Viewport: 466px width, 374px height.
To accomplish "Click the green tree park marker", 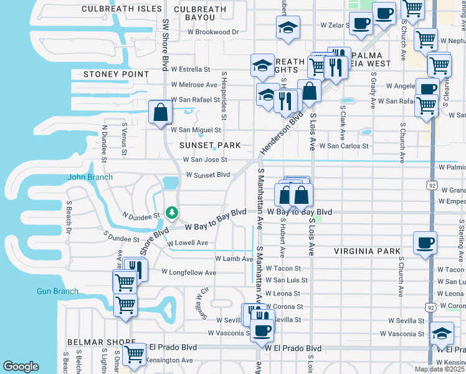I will point(170,213).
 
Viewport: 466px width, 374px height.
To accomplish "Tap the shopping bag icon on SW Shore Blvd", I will point(160,113).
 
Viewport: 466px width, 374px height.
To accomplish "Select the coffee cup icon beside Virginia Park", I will point(426,243).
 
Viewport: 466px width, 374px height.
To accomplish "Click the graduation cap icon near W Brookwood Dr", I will point(288,27).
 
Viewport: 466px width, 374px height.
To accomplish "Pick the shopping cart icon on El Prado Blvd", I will point(134,354).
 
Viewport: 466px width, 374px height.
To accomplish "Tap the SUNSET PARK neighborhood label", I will point(210,145).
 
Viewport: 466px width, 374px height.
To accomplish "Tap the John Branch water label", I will point(90,178).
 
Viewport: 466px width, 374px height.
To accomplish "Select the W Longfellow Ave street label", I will point(189,272).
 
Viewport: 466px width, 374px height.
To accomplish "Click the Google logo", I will point(21,367).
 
